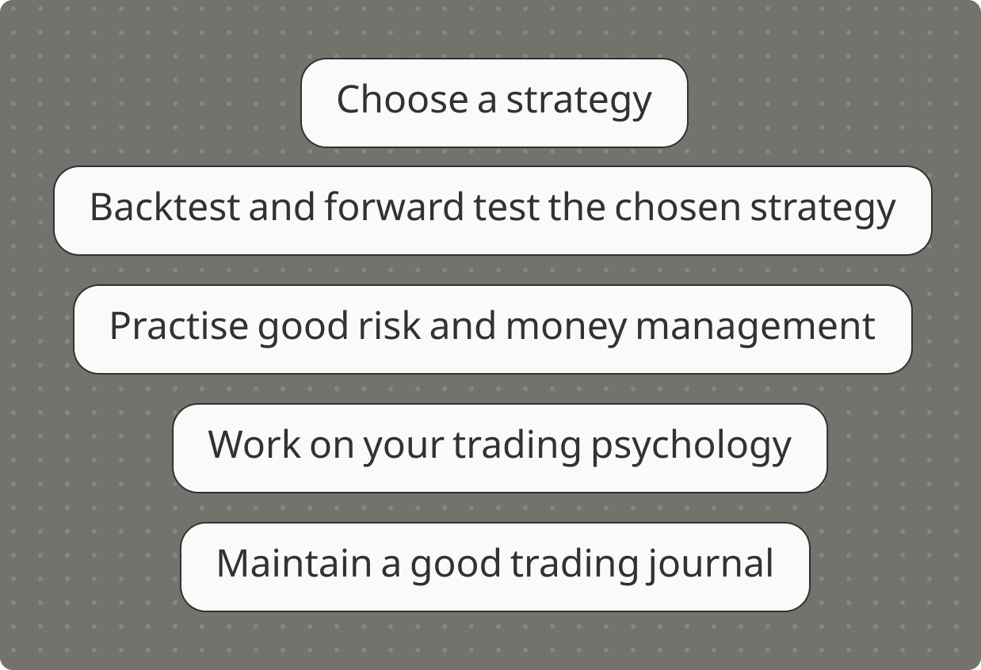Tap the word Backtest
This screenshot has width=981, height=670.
tap(165, 207)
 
